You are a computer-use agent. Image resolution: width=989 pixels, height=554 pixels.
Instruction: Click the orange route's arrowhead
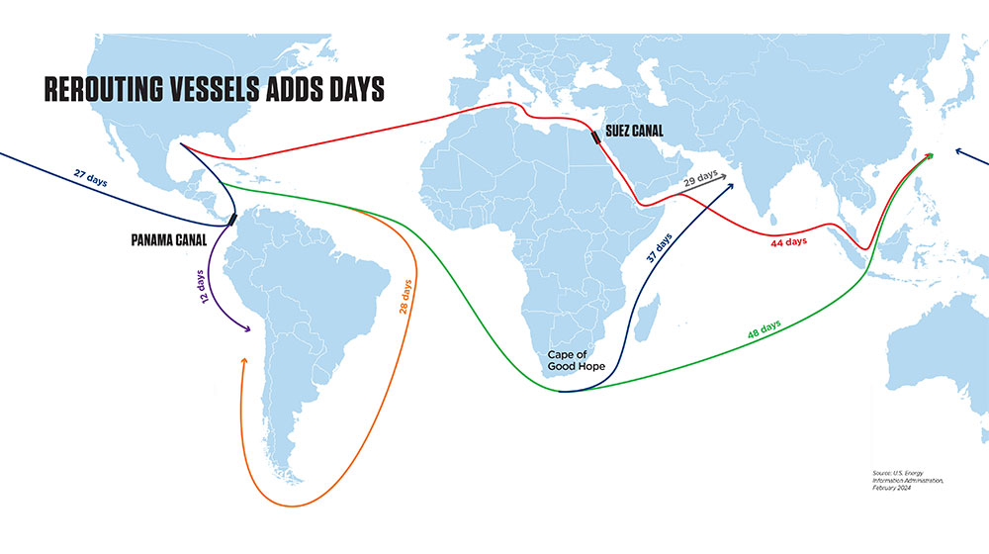[243, 362]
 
